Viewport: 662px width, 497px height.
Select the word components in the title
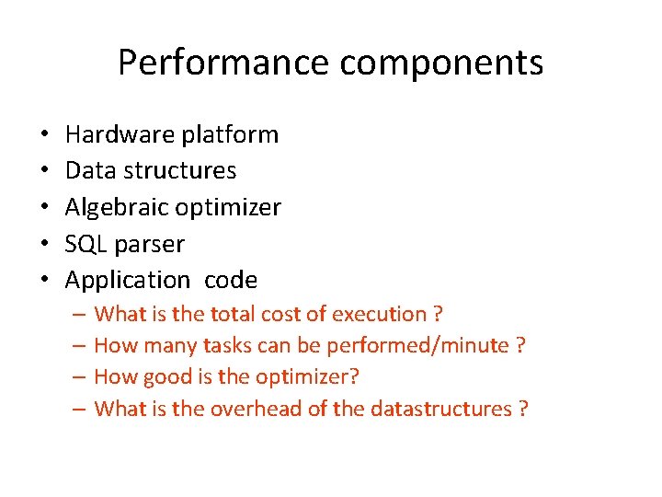pyautogui.click(x=442, y=63)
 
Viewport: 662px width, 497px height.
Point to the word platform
pyautogui.click(x=229, y=134)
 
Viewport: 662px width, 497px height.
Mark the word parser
pyautogui.click(x=150, y=245)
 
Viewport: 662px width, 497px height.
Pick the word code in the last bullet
pyautogui.click(x=231, y=280)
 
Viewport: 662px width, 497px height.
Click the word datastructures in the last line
pyautogui.click(x=441, y=409)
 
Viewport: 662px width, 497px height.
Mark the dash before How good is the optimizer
pyautogui.click(x=79, y=377)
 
